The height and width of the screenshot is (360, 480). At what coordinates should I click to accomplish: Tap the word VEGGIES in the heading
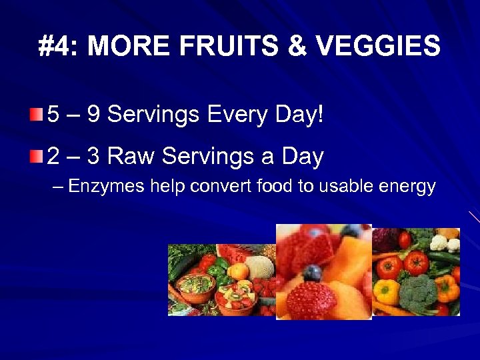378,47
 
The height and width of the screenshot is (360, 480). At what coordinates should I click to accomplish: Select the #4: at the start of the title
59,47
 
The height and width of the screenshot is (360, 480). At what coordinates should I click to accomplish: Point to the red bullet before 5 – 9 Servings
36,114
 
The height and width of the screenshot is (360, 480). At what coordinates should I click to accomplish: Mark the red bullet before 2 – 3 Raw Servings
36,156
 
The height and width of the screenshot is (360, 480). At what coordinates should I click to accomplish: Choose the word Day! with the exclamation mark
297,115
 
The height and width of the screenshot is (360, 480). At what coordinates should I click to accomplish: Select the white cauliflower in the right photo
442,241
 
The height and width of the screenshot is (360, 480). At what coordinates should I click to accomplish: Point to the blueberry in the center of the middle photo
311,273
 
